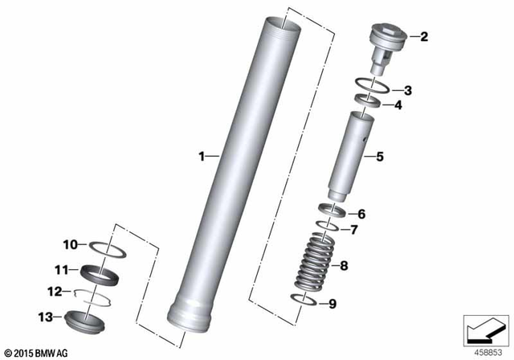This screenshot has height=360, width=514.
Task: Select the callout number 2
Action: [x=424, y=36]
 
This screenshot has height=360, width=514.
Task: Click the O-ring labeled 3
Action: [x=373, y=89]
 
